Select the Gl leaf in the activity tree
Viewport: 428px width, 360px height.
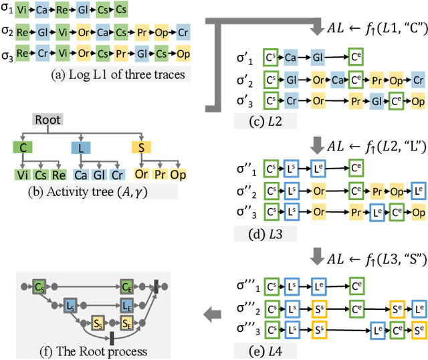pos(98,174)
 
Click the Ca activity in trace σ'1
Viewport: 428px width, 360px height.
pos(290,58)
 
